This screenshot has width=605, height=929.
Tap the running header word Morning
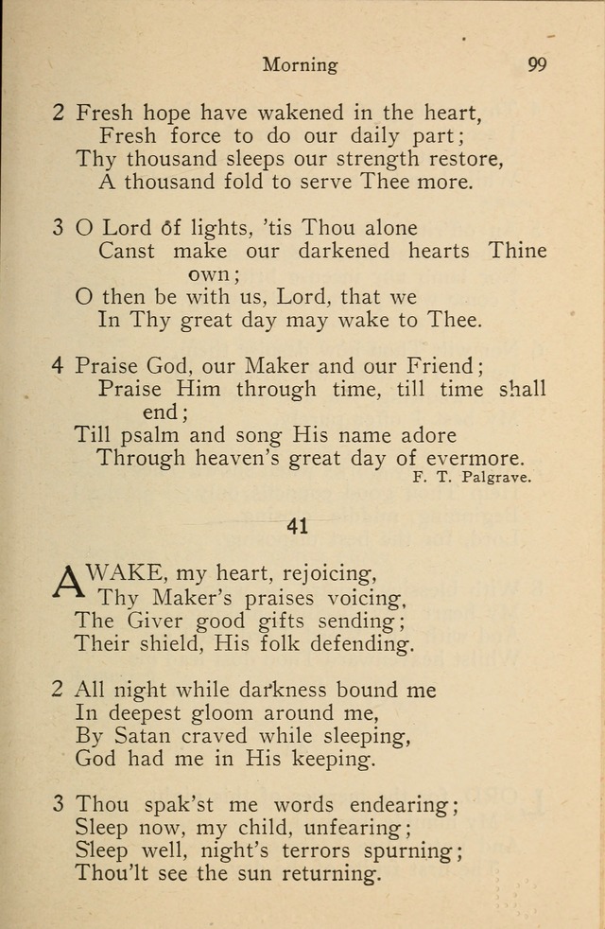(x=300, y=66)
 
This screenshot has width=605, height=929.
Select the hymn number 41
(x=298, y=526)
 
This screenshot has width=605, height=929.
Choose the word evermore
(x=477, y=458)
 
